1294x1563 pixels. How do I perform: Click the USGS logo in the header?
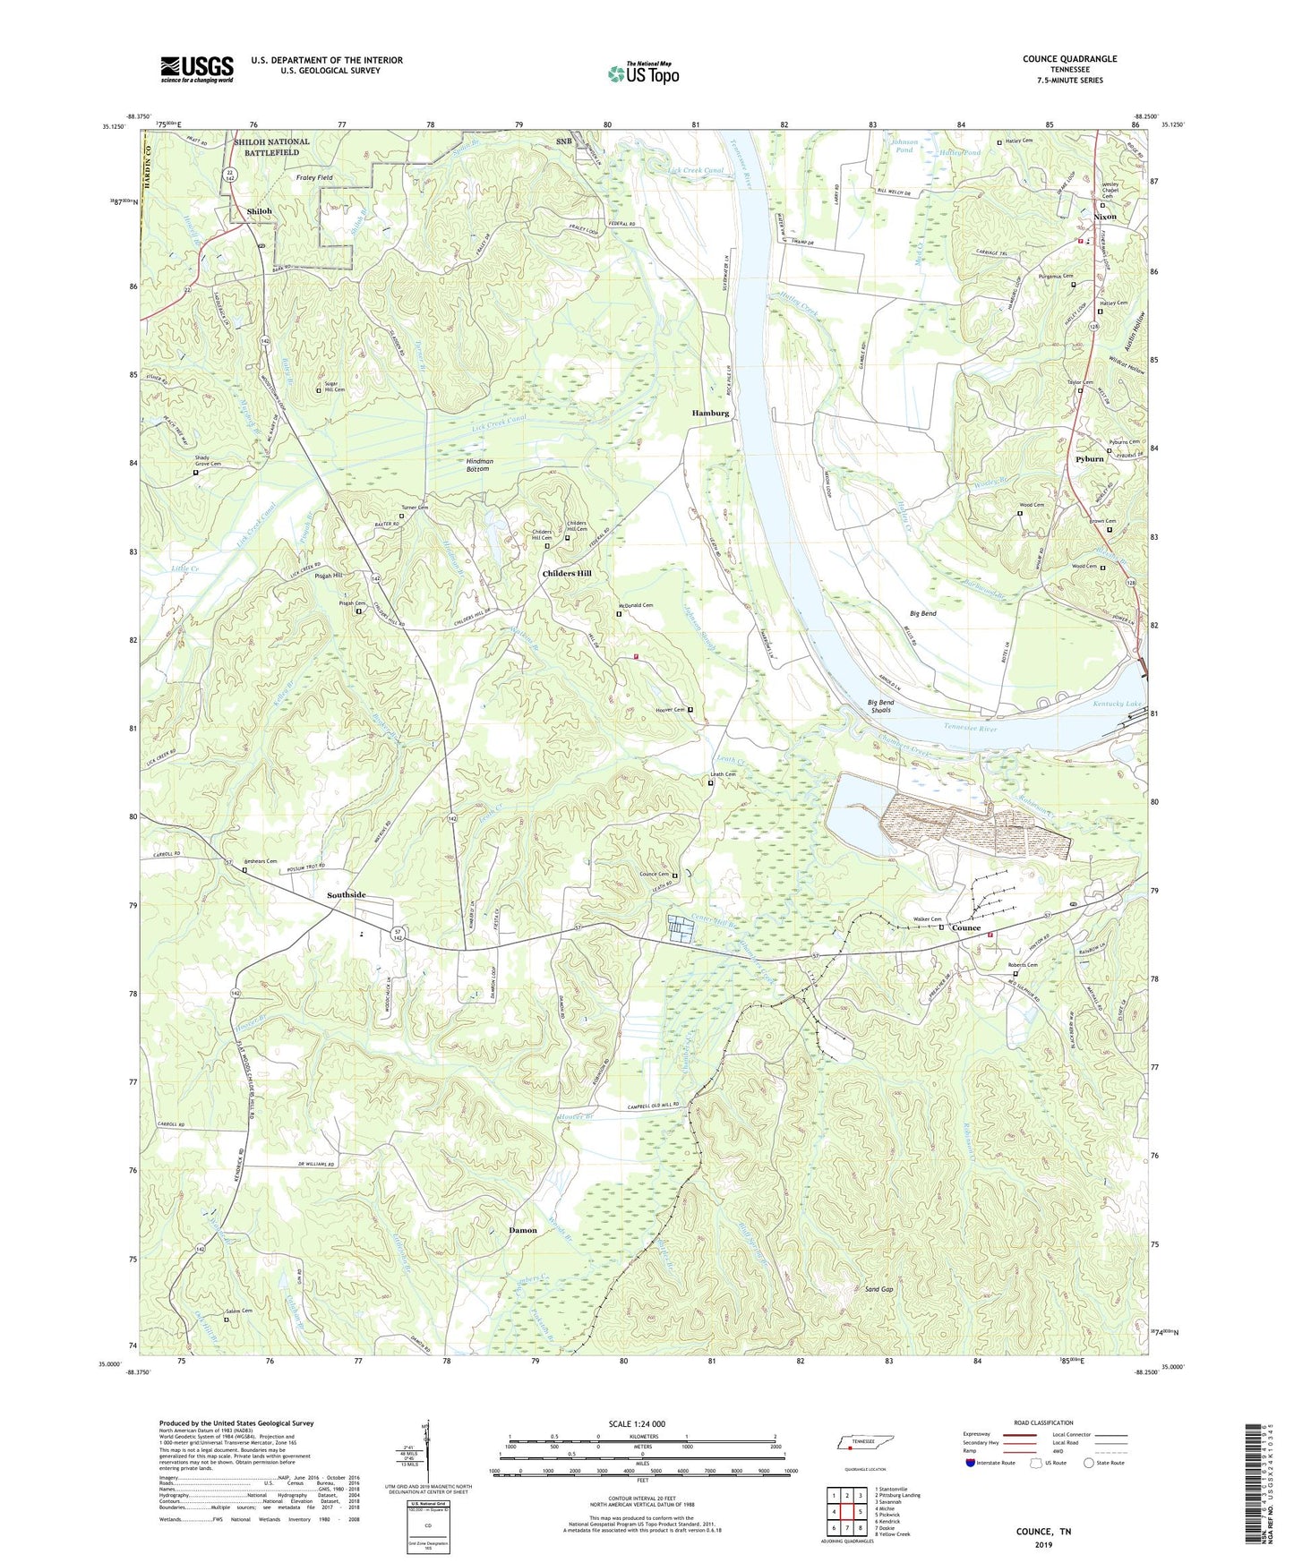pyautogui.click(x=197, y=69)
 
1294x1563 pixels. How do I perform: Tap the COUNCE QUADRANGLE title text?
pyautogui.click(x=1069, y=59)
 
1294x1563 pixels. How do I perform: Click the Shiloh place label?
pyautogui.click(x=259, y=211)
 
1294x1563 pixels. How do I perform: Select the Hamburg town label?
pyautogui.click(x=710, y=414)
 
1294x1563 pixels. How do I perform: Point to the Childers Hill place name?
pyautogui.click(x=566, y=573)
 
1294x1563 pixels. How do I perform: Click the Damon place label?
pyautogui.click(x=523, y=1230)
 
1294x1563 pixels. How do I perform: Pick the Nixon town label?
pyautogui.click(x=1105, y=217)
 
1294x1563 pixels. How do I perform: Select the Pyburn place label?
pyautogui.click(x=1089, y=459)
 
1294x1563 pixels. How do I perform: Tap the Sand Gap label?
pyautogui.click(x=878, y=1289)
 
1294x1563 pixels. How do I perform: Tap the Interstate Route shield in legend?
pyautogui.click(x=973, y=1463)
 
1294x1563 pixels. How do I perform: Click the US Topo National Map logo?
pyautogui.click(x=643, y=73)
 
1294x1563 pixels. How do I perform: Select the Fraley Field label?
pyautogui.click(x=313, y=177)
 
